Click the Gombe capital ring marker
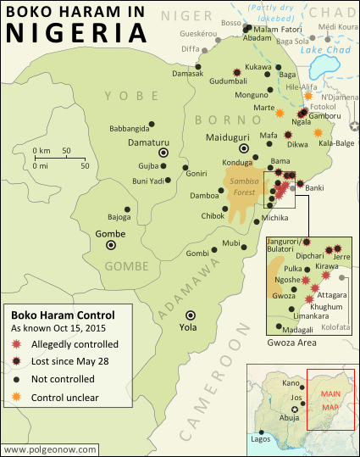pyautogui.click(x=110, y=245)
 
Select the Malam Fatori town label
pyautogui.click(x=278, y=29)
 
